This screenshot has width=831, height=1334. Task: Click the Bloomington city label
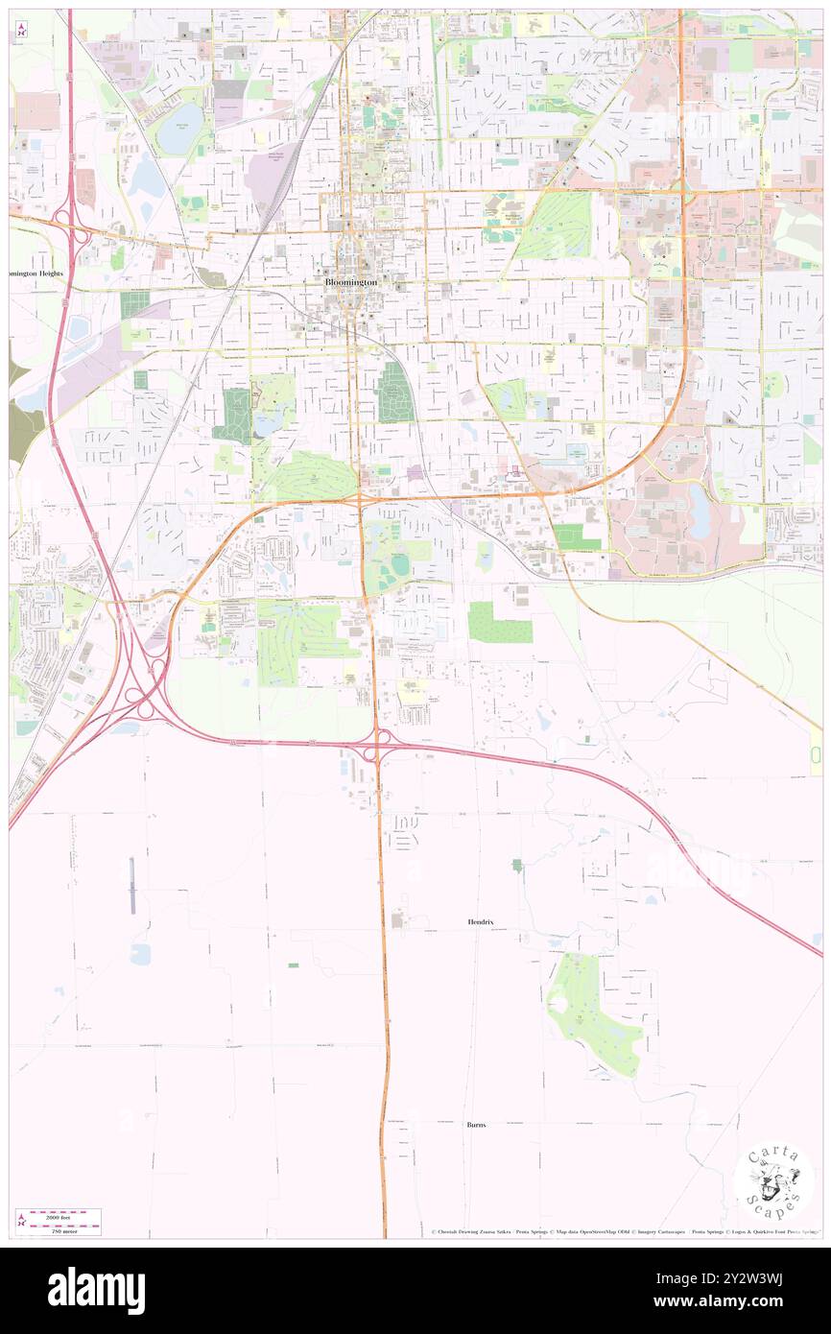(x=350, y=283)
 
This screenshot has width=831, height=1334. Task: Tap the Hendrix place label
(x=481, y=921)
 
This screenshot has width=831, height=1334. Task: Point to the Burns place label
(x=476, y=1124)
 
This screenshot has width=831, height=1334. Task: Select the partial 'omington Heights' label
(x=36, y=274)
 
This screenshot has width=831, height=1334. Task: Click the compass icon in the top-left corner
(x=21, y=29)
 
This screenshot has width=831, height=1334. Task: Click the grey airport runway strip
(x=132, y=885)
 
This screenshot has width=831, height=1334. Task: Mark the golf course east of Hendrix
(x=595, y=1015)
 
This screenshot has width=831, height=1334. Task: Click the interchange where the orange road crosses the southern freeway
(x=381, y=744)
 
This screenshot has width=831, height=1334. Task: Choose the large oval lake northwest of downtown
(x=180, y=129)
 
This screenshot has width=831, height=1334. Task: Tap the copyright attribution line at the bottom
(x=624, y=1232)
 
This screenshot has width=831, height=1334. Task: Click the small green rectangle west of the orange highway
(x=294, y=965)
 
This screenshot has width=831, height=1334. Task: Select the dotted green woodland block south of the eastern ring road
(x=500, y=623)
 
